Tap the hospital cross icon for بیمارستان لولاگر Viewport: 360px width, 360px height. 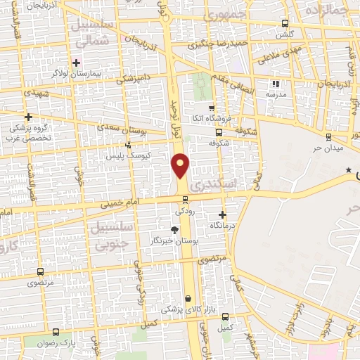pyautogui.click(x=77, y=63)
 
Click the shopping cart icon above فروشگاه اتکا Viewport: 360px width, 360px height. pyautogui.click(x=212, y=108)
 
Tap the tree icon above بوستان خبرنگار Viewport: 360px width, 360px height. pyautogui.click(x=174, y=229)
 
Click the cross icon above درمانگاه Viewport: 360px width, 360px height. pyautogui.click(x=224, y=214)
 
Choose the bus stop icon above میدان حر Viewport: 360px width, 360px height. pyautogui.click(x=328, y=136)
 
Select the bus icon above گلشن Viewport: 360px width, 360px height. pyautogui.click(x=285, y=22)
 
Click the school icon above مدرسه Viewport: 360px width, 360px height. pyautogui.click(x=275, y=84)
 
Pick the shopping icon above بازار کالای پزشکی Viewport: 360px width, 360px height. pyautogui.click(x=188, y=298)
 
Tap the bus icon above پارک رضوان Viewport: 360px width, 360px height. pyautogui.click(x=56, y=331)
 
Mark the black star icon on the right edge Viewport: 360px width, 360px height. pyautogui.click(x=348, y=171)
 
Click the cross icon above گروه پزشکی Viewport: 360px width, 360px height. pyautogui.click(x=28, y=117)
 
